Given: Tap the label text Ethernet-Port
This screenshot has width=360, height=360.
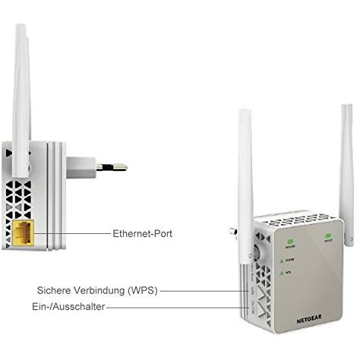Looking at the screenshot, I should pyautogui.click(x=142, y=234).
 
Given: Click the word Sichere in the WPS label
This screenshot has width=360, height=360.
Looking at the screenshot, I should pyautogui.click(x=55, y=290).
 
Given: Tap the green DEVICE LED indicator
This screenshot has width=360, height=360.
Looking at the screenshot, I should pyautogui.click(x=329, y=235).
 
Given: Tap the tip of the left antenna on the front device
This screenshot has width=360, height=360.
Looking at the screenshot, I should pyautogui.click(x=245, y=115).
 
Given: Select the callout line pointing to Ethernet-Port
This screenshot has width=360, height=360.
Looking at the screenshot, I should pyautogui.click(x=80, y=233).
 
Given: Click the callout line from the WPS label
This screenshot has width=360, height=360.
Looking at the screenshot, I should pyautogui.click(x=197, y=290).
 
